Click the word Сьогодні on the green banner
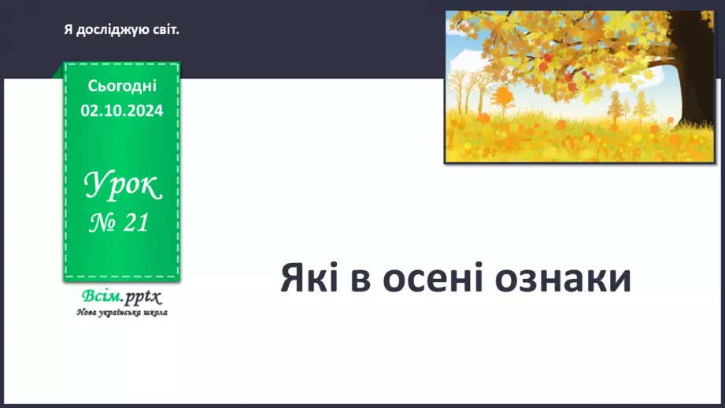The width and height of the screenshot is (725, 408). pos(122,86)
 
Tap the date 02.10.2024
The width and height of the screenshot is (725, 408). pos(122,110)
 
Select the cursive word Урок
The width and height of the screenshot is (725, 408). pos(122,187)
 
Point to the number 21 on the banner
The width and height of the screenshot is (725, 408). pos(135,224)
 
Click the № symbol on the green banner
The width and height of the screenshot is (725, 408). pos(101,224)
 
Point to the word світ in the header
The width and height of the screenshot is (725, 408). pos(165,30)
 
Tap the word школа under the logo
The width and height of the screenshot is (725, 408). pos(152,313)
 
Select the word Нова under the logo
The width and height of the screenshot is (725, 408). pos(85,313)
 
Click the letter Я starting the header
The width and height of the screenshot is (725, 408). pos(68,30)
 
